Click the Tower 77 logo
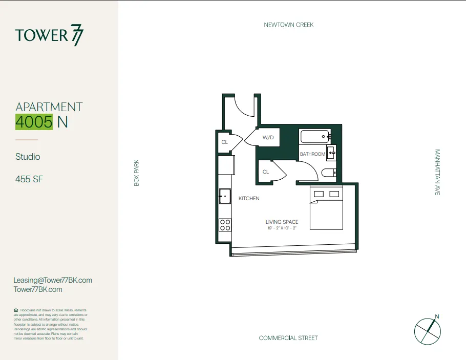[x=49, y=36]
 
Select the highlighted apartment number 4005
[x=34, y=122]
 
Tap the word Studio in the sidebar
[x=28, y=157]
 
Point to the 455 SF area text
[x=28, y=180]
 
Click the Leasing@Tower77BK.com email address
[x=53, y=280]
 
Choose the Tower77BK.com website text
[x=38, y=289]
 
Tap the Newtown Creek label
[x=288, y=25]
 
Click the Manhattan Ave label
[x=437, y=172]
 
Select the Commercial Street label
[x=288, y=338]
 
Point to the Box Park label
[x=137, y=173]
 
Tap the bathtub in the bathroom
[x=314, y=137]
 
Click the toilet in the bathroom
[x=329, y=173]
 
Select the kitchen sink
[x=225, y=196]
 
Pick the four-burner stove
[x=225, y=225]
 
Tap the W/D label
[x=268, y=138]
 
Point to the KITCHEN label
[x=249, y=198]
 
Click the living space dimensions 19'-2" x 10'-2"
[x=282, y=228]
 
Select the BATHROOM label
[x=312, y=154]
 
